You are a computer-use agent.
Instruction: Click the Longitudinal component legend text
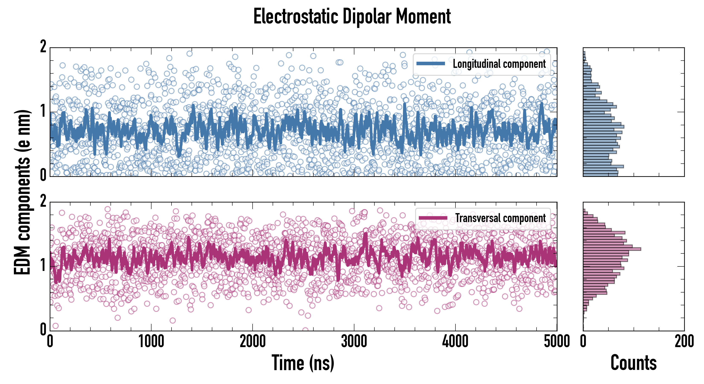click(499, 64)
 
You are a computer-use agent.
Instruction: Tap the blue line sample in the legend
click(431, 64)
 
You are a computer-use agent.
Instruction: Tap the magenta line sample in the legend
click(433, 218)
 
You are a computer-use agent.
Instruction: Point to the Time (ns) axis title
click(303, 363)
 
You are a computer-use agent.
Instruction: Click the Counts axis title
click(633, 363)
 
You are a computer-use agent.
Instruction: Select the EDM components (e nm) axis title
click(22, 192)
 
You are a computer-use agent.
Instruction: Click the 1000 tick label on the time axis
click(151, 342)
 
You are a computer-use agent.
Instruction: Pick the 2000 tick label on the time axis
click(253, 342)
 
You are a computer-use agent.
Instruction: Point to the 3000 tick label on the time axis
click(354, 342)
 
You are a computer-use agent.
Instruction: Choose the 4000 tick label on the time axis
click(455, 342)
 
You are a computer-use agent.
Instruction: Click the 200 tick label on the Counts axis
click(684, 342)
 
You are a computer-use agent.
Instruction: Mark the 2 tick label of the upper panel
click(43, 47)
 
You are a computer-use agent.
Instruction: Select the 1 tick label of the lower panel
click(43, 265)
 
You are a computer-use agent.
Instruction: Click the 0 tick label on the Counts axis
click(583, 342)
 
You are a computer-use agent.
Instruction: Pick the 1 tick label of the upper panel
click(43, 111)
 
